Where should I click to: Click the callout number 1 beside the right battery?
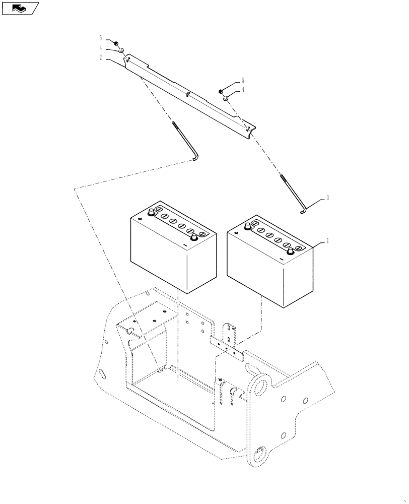(x=327, y=241)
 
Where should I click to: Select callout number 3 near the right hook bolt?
(x=327, y=198)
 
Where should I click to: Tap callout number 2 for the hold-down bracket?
(x=101, y=58)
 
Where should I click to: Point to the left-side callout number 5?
(x=101, y=38)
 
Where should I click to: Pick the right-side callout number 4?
(x=243, y=89)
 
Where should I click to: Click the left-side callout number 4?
(x=101, y=48)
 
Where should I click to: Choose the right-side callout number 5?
(x=243, y=80)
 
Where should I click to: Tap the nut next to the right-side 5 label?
(x=221, y=91)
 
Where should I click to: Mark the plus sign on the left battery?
(x=141, y=219)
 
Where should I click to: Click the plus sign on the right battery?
(x=237, y=233)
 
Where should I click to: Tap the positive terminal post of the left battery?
(x=151, y=213)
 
